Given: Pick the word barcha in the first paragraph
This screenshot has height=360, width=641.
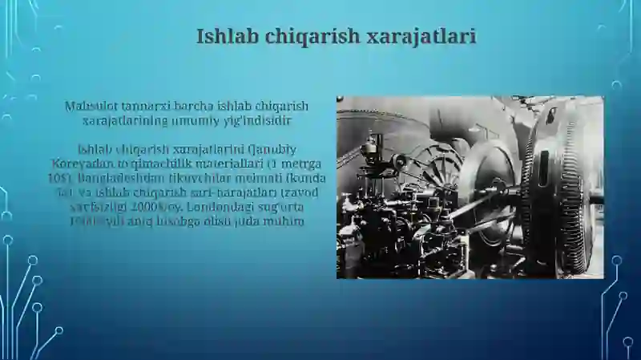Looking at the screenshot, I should click(x=188, y=106).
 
